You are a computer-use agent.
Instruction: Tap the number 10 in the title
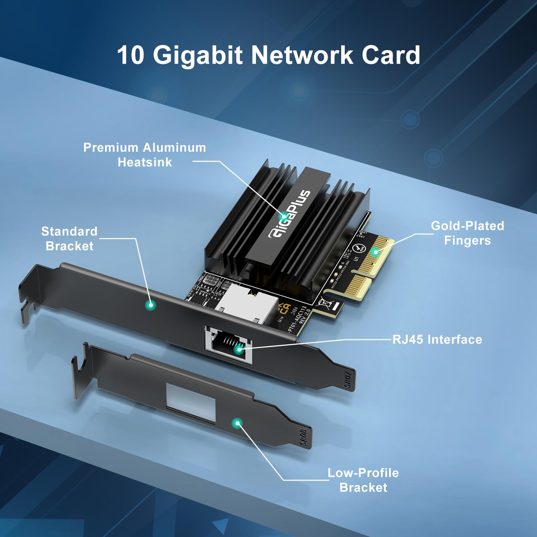(x=131, y=55)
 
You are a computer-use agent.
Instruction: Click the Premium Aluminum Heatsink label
(x=145, y=155)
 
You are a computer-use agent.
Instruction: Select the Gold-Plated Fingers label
(x=467, y=233)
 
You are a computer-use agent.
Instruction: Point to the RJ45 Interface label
(x=437, y=339)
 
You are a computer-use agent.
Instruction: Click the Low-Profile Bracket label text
(x=363, y=480)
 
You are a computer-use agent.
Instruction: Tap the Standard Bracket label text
(x=69, y=238)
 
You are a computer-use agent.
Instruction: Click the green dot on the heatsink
(x=284, y=216)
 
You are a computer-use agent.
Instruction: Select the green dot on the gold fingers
(x=375, y=252)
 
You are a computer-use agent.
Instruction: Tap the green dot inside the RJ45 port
(x=239, y=349)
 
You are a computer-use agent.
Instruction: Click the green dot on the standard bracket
(x=150, y=305)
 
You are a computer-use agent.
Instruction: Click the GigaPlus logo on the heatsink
(x=289, y=214)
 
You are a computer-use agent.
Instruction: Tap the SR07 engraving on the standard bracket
(x=347, y=380)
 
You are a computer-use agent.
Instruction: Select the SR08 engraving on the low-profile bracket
(x=303, y=437)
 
